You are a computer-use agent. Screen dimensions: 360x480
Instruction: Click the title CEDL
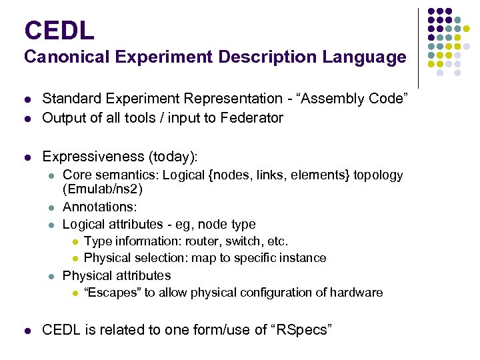point(59,30)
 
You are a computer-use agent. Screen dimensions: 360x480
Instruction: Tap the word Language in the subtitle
point(365,57)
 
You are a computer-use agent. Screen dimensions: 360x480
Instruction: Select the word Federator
point(251,118)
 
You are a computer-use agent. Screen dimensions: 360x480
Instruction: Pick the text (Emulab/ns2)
point(103,189)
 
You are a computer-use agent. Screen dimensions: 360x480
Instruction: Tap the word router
point(203,241)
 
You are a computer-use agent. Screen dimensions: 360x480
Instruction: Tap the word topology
point(378,175)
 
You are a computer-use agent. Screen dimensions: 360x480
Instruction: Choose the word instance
point(301,258)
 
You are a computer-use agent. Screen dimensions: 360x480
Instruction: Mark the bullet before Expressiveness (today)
point(27,157)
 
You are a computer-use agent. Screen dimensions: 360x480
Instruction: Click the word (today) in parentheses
point(173,156)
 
